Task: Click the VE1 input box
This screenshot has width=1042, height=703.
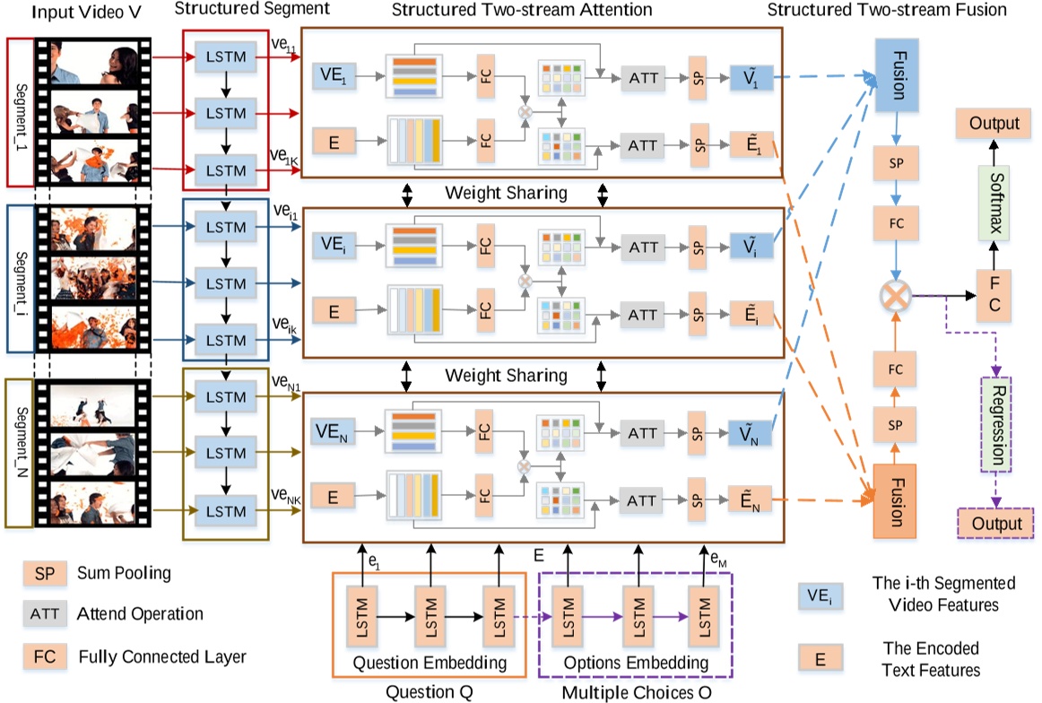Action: (334, 76)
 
